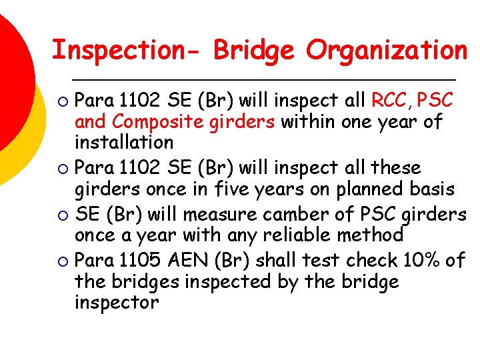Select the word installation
tap(124, 142)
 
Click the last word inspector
tap(117, 302)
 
